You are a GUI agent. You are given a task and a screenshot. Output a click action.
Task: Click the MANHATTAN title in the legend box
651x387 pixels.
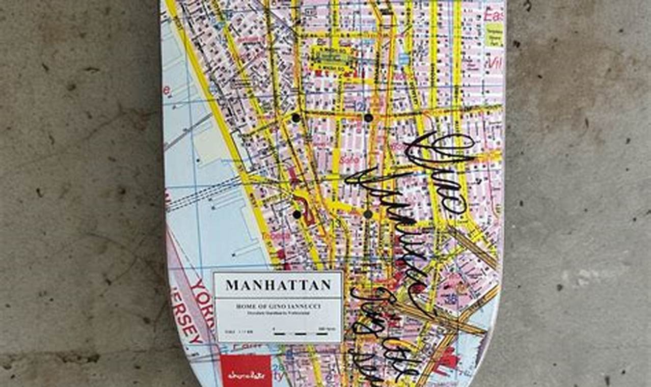point(278,285)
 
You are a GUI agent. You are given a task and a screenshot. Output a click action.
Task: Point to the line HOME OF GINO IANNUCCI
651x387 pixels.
point(278,306)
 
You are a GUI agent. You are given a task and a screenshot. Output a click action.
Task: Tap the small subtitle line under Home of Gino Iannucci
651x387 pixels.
point(278,313)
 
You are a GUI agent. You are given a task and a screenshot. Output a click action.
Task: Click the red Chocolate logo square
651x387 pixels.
point(238,370)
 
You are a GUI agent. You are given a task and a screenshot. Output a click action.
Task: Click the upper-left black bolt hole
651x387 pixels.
point(296,118)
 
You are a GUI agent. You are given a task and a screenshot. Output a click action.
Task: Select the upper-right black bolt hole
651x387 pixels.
point(368,118)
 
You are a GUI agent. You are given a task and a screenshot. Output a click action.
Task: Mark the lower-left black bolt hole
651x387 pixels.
point(297,214)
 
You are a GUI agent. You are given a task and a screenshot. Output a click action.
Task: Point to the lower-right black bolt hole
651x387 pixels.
point(368,214)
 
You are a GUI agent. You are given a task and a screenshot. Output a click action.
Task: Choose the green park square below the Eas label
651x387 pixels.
point(493,35)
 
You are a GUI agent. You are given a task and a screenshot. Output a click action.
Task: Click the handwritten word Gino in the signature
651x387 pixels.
point(438,168)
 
